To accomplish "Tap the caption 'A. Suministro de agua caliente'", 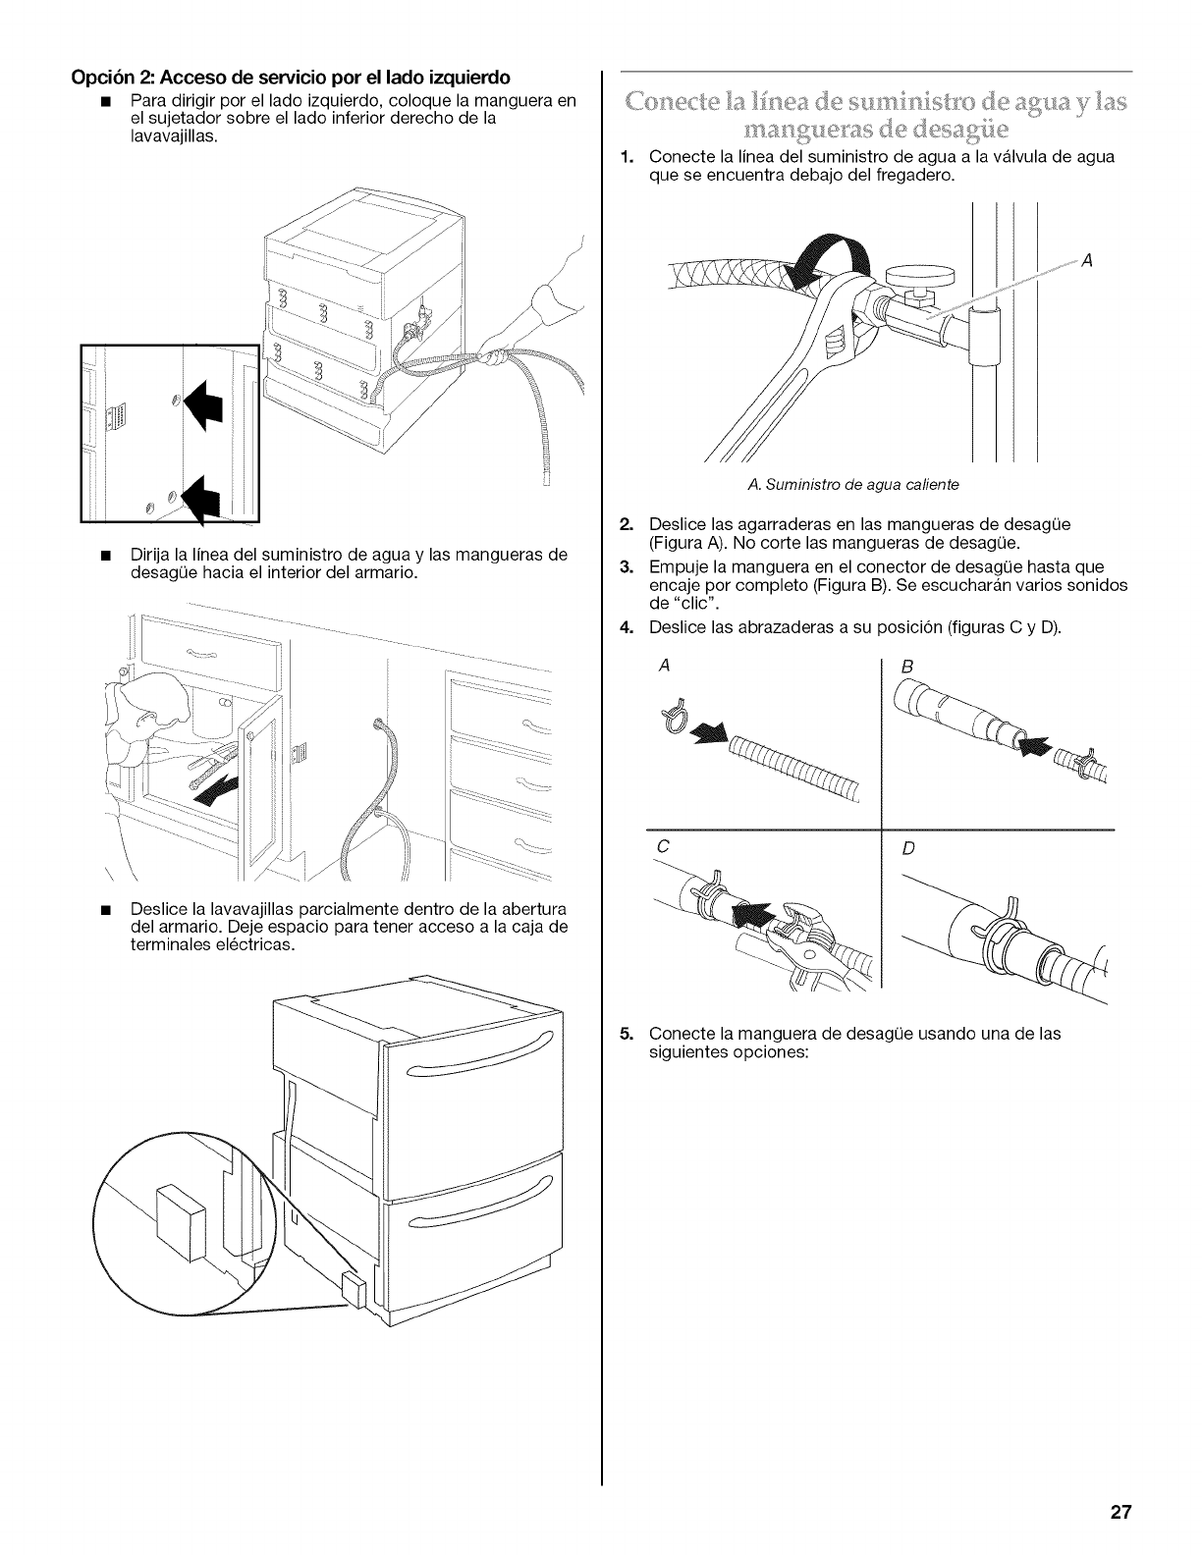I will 852,485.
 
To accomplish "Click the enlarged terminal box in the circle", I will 180,1223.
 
